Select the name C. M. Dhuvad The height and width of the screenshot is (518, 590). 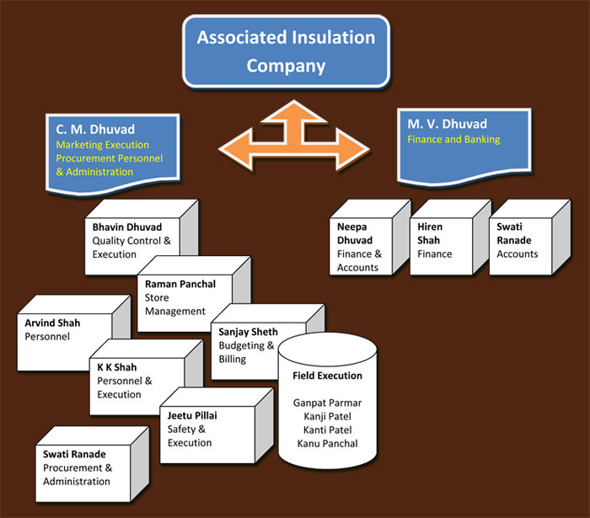87,129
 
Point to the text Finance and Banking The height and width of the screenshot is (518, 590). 453,139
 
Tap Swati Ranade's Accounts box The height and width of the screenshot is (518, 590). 517,241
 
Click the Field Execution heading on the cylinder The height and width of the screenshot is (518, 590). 327,376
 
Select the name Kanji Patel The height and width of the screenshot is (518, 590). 327,416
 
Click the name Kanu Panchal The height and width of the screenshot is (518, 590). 327,443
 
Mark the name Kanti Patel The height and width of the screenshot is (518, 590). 327,430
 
